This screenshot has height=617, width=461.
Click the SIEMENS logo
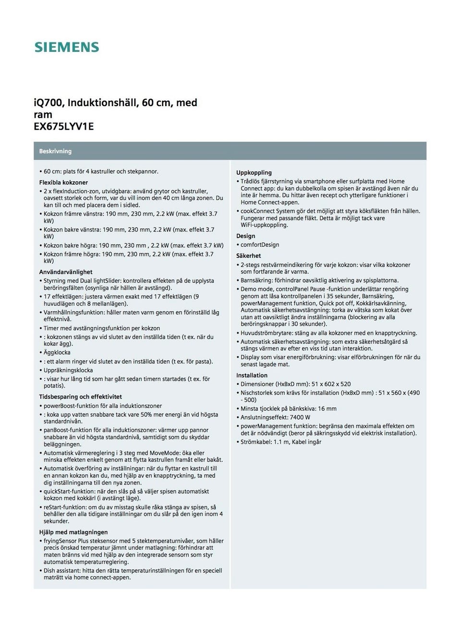[x=66, y=47]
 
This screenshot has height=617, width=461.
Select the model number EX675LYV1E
[x=63, y=127]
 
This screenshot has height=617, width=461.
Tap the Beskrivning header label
[x=55, y=151]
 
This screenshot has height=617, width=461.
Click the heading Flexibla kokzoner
[x=63, y=182]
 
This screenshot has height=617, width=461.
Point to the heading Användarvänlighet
[x=66, y=272]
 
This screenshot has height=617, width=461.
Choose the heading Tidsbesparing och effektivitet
[x=80, y=397]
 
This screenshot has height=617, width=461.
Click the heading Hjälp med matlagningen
[x=73, y=532]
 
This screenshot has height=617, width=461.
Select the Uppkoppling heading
[x=254, y=172]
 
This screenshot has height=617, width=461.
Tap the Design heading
[x=245, y=236]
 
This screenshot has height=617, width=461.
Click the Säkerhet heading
[x=248, y=256]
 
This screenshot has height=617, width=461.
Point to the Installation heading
[x=252, y=375]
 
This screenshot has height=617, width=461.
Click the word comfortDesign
[x=260, y=245]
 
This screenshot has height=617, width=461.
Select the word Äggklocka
[x=57, y=352]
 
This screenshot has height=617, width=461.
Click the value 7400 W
[x=300, y=417]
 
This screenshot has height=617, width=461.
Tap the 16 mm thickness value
[x=327, y=409]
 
